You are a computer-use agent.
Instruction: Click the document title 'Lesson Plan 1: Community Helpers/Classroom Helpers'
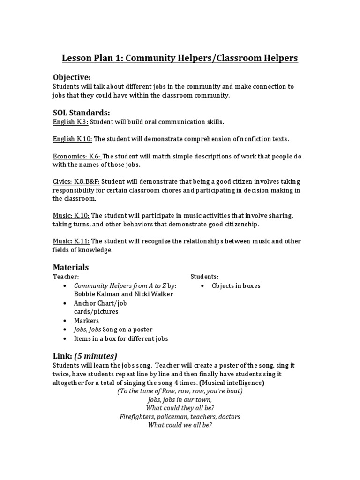pyautogui.click(x=180, y=59)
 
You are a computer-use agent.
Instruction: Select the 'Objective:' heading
pyautogui.click(x=72, y=77)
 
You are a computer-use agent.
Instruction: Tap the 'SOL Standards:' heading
pyautogui.click(x=82, y=112)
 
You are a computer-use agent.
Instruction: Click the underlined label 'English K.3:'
pyautogui.click(x=70, y=122)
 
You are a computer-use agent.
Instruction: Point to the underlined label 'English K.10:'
pyautogui.click(x=72, y=139)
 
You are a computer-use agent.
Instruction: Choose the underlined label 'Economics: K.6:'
pyautogui.click(x=77, y=157)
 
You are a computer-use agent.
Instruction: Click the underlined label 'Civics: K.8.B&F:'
pyautogui.click(x=76, y=182)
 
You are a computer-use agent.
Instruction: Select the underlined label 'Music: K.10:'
pyautogui.click(x=71, y=216)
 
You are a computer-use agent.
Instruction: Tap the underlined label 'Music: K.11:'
pyautogui.click(x=71, y=241)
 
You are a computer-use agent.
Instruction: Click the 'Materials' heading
pyautogui.click(x=70, y=267)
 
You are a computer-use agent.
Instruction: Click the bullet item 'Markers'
pyautogui.click(x=86, y=321)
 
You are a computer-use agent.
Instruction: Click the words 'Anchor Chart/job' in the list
pyautogui.click(x=100, y=303)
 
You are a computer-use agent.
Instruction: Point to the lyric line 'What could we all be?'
pyautogui.click(x=180, y=425)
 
